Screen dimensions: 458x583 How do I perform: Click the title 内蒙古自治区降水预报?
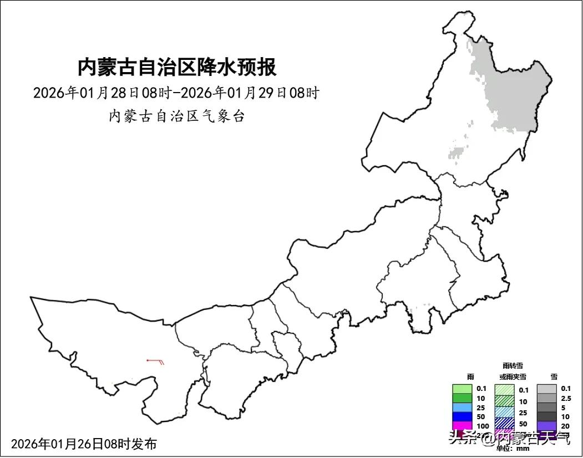176,68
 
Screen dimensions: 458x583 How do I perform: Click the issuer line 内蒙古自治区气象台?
176,116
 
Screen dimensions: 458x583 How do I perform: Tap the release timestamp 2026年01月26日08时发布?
84,444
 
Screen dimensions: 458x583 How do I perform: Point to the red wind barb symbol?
156,362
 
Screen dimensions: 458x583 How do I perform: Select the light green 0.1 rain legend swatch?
462,389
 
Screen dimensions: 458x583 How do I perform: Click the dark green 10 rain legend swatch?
462,398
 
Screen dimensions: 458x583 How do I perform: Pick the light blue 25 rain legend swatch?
462,408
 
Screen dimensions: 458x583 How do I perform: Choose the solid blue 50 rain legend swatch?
462,416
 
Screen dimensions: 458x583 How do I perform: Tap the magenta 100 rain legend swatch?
462,426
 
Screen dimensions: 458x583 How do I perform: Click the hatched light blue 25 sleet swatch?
505,412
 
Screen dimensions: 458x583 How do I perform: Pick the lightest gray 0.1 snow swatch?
547,389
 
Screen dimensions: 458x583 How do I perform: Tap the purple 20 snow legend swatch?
547,426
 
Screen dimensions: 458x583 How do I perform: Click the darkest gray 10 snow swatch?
547,416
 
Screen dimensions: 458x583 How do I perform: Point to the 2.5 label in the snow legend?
566,398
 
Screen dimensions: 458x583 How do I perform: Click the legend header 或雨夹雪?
513,376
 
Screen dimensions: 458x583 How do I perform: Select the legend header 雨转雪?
513,366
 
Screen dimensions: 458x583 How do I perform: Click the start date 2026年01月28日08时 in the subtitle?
102,93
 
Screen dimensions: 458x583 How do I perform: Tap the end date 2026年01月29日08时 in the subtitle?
250,93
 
